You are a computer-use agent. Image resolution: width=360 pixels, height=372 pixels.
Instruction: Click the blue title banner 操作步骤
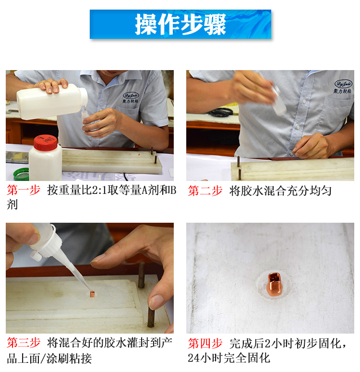click(x=180, y=24)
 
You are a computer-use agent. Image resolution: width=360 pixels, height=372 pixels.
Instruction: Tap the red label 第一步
click(x=24, y=191)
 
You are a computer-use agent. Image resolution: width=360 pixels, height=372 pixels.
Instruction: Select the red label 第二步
click(x=205, y=191)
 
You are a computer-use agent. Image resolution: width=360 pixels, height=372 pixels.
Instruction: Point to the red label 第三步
click(x=24, y=343)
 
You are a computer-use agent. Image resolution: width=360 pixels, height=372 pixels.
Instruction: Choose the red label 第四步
click(x=205, y=343)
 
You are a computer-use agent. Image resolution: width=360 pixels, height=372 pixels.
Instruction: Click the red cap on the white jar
click(x=46, y=143)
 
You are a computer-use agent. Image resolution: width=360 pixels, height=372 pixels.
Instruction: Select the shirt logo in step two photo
click(x=343, y=86)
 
